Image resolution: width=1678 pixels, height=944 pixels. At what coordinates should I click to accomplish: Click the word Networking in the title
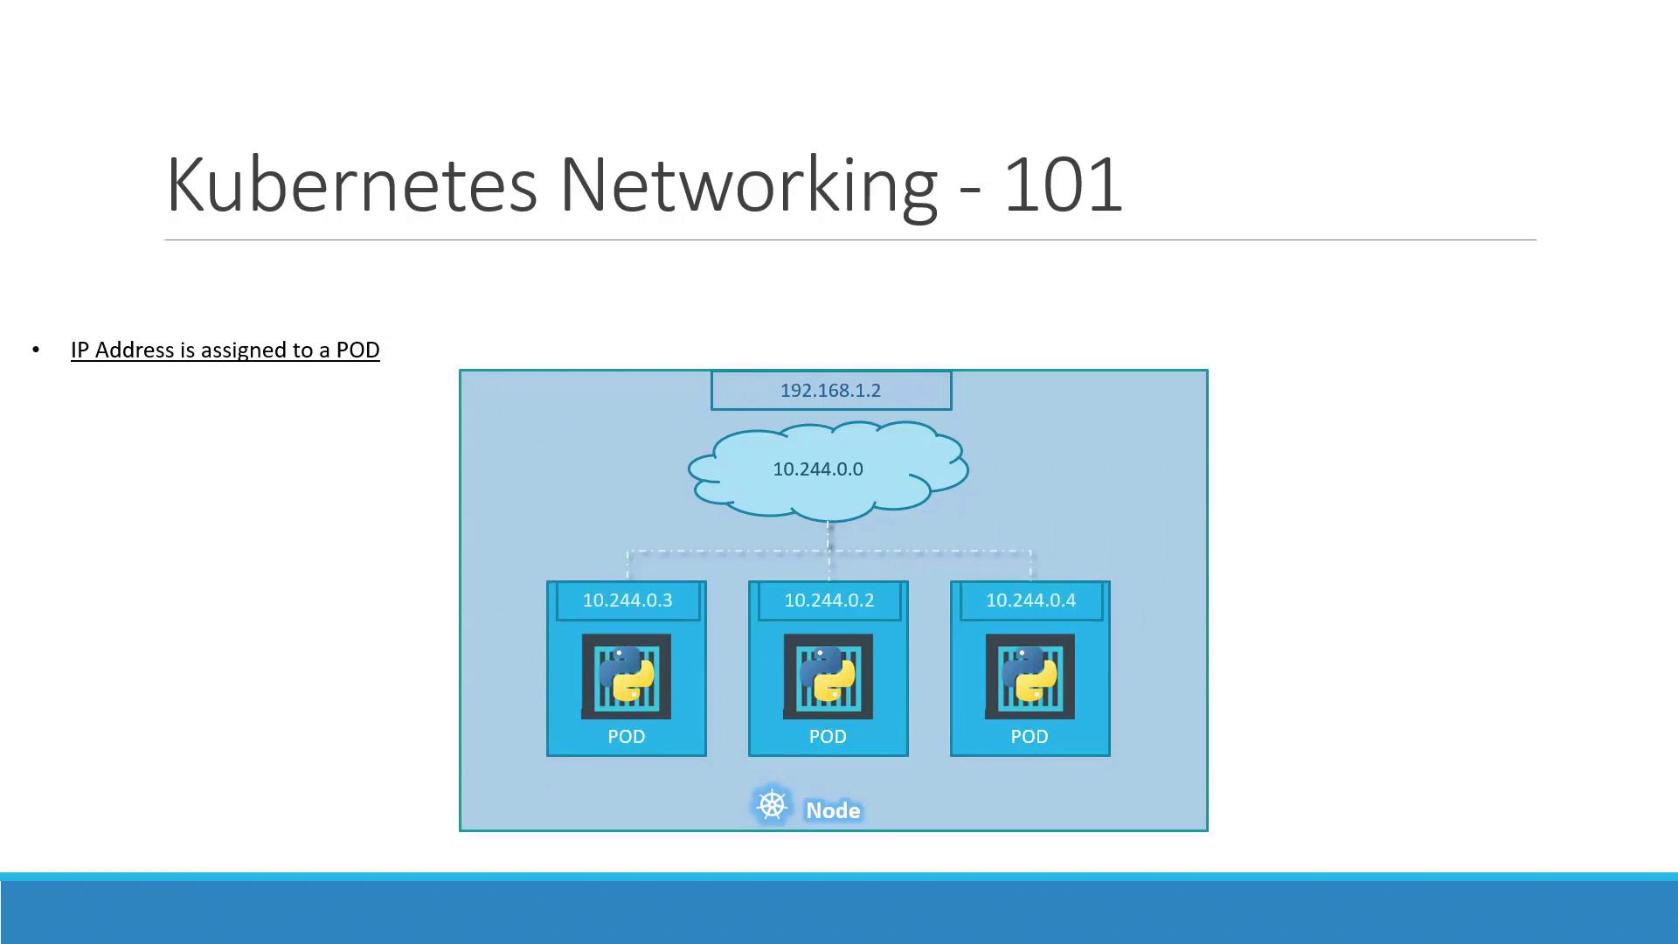tap(748, 184)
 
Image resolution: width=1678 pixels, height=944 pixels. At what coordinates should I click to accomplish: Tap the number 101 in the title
tap(1062, 184)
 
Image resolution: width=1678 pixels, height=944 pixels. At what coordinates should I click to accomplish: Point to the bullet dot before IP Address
tap(36, 351)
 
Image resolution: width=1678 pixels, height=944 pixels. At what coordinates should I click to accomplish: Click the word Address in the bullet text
tap(135, 351)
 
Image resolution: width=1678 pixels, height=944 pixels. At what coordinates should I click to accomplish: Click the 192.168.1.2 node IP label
tap(830, 391)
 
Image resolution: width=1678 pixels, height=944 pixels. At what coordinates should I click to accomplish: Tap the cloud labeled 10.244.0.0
tap(818, 469)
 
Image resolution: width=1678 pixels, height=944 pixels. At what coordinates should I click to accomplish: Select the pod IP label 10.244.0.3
tap(628, 600)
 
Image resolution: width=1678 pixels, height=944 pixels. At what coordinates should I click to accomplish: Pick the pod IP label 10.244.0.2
tap(829, 600)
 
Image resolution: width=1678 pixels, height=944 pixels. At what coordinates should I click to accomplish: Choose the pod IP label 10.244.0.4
tap(1030, 600)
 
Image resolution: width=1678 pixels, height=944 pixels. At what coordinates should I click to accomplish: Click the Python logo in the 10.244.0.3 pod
tap(627, 675)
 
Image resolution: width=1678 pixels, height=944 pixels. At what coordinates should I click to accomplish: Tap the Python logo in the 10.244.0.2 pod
tap(828, 675)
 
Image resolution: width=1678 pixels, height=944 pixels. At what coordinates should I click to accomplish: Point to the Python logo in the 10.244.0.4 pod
tap(1030, 675)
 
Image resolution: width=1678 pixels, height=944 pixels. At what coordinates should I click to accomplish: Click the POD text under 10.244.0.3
tap(627, 737)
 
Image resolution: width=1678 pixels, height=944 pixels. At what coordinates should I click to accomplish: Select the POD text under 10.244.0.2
tap(828, 737)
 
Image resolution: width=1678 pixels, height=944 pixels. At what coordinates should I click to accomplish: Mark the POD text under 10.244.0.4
tap(1030, 737)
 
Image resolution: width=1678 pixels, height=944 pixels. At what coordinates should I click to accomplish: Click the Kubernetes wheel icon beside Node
tap(772, 805)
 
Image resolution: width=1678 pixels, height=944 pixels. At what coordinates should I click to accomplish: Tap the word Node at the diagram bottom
tap(833, 811)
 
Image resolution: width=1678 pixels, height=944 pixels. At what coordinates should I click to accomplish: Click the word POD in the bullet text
tap(357, 351)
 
